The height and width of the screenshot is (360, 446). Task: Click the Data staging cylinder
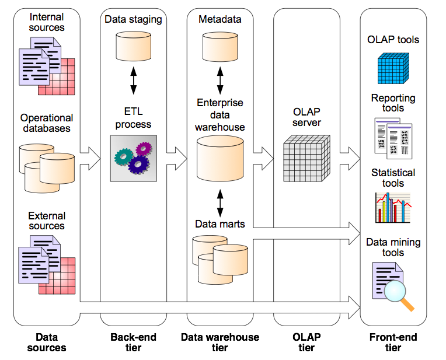tap(134, 46)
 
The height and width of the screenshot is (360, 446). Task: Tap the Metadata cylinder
tap(220, 46)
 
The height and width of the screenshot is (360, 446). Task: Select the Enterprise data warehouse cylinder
tap(220, 158)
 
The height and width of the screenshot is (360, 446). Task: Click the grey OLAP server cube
tap(306, 158)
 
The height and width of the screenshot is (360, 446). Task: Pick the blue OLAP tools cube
tap(393, 68)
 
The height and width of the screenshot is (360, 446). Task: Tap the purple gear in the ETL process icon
tap(144, 149)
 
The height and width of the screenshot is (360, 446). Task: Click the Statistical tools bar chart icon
tap(393, 208)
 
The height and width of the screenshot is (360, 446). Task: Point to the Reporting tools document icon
tap(393, 138)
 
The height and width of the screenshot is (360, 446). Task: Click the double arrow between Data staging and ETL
tap(134, 81)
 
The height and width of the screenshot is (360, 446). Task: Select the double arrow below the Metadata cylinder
tap(220, 81)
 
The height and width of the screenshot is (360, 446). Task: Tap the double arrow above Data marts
tap(220, 203)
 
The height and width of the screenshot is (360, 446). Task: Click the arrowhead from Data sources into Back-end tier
tap(95, 159)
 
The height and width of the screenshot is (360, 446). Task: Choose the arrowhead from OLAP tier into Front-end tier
tap(354, 159)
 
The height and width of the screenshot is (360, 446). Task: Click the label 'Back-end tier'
tap(134, 342)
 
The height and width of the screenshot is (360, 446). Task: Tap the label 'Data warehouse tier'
tap(220, 342)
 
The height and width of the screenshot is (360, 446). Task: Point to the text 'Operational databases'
tap(47, 123)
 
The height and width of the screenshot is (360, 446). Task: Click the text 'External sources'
tap(47, 221)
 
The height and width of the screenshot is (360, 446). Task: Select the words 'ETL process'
tap(134, 118)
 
